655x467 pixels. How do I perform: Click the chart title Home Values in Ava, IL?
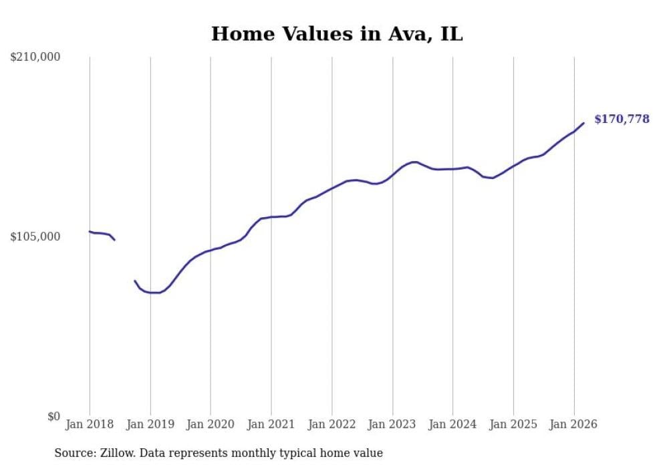pyautogui.click(x=337, y=34)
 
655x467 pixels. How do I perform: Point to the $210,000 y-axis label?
pyautogui.click(x=35, y=57)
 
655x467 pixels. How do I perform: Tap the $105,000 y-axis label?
pyautogui.click(x=35, y=237)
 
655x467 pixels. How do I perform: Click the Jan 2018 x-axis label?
pyautogui.click(x=90, y=424)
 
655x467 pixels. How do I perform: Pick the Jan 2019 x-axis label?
pyautogui.click(x=150, y=424)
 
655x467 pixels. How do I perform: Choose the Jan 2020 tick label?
pyautogui.click(x=211, y=424)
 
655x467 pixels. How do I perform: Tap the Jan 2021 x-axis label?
pyautogui.click(x=271, y=424)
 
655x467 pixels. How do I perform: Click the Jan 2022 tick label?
pyautogui.click(x=332, y=424)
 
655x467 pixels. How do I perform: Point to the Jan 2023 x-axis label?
pyautogui.click(x=392, y=424)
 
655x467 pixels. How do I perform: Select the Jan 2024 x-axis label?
pyautogui.click(x=452, y=424)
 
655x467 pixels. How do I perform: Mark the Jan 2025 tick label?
pyautogui.click(x=513, y=424)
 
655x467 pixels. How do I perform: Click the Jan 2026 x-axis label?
pyautogui.click(x=573, y=424)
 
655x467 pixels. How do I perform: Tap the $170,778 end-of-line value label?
pyautogui.click(x=622, y=120)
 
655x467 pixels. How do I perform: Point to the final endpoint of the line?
pyautogui.click(x=583, y=123)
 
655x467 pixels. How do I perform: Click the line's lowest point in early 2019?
pyautogui.click(x=155, y=293)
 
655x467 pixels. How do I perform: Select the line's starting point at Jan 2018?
pyautogui.click(x=90, y=232)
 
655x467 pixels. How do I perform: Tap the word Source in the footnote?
pyautogui.click(x=73, y=454)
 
